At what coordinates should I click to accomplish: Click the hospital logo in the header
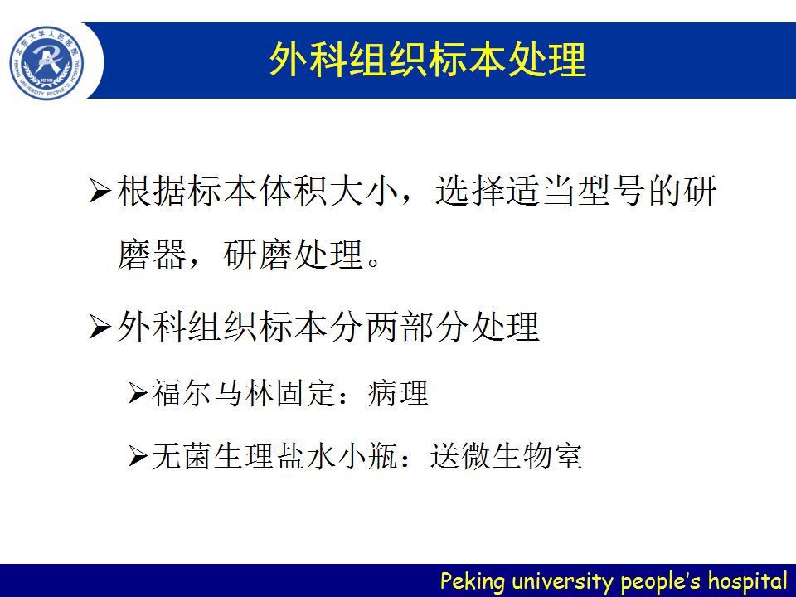pos(46,63)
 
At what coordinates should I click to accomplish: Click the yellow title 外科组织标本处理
pos(428,61)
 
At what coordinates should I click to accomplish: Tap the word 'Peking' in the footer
pos(473,581)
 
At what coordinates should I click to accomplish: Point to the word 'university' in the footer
pos(563,581)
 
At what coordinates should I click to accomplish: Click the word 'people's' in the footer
pos(661,581)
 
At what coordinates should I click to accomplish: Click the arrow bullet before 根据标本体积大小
pos(100,191)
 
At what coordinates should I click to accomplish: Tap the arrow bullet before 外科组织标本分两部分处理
pos(100,327)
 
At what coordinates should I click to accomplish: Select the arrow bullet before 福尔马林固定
pos(138,393)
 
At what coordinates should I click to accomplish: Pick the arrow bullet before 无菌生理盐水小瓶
pos(138,456)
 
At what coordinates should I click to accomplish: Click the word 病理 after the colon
pos(399,393)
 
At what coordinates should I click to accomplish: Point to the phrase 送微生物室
pos(506,456)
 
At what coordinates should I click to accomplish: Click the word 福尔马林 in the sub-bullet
pos(213,393)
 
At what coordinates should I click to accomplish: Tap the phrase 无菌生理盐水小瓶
pos(274,456)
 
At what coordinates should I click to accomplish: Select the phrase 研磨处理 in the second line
pos(294,255)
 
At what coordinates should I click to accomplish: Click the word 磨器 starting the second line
pos(152,255)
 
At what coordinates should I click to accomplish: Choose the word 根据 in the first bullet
pos(152,191)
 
